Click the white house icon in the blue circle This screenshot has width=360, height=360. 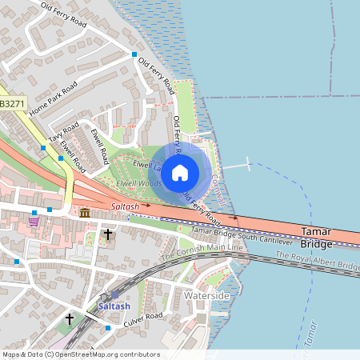click(x=180, y=171)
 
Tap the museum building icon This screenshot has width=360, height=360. click(x=85, y=212)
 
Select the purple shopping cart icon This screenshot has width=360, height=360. click(x=34, y=222)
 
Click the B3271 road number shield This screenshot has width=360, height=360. click(x=13, y=104)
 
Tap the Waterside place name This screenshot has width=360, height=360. click(x=206, y=296)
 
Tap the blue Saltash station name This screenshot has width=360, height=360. click(x=114, y=306)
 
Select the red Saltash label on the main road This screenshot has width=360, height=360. click(x=126, y=206)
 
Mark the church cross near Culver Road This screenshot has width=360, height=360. click(x=70, y=318)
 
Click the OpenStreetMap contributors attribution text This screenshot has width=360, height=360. click(x=80, y=354)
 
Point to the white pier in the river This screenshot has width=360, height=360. click(x=237, y=166)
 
